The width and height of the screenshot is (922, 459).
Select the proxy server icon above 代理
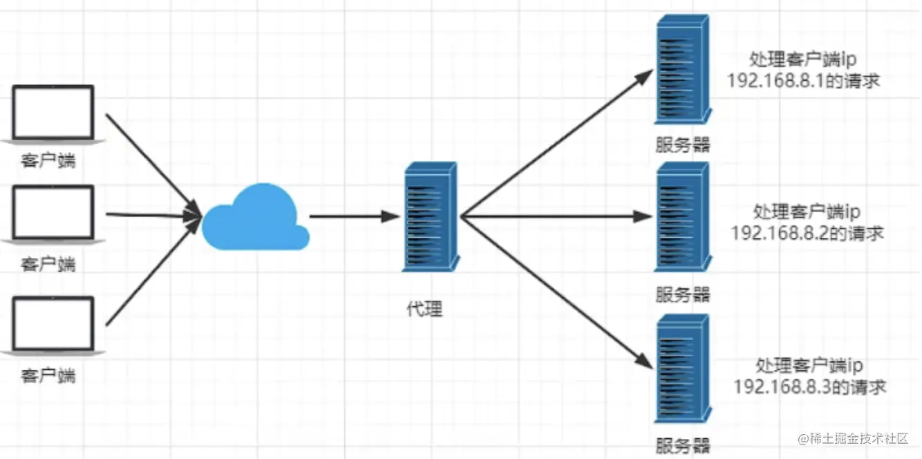pos(430,216)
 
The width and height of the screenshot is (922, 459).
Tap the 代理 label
pos(424,309)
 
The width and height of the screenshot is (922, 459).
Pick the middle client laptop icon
pos(53,214)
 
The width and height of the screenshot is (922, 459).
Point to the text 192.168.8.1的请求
pos(803,80)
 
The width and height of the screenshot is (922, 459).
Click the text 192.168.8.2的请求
pos(807,233)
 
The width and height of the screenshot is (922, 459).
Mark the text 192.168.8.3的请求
pos(810,386)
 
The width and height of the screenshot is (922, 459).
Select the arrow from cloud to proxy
pos(355,216)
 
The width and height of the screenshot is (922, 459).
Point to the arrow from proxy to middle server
pos(556,216)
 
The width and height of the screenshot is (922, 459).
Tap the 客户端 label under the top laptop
pos(48,162)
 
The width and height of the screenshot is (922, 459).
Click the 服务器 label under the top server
pos(683,144)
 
